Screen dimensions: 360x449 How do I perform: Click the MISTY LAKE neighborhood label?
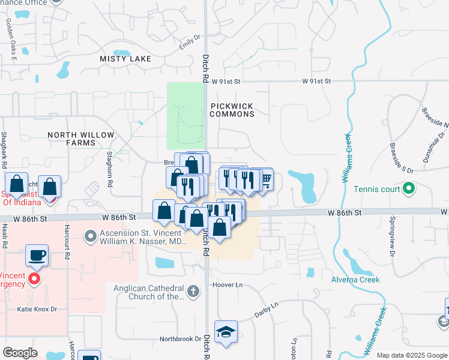(x=125, y=59)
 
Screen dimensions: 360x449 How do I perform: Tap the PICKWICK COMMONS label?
(x=232, y=110)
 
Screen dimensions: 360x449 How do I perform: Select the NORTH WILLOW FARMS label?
(x=80, y=139)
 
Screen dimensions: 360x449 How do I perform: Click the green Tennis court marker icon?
(x=409, y=190)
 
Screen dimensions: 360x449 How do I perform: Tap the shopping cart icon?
(x=265, y=178)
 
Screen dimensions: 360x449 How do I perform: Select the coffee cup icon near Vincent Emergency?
(x=37, y=256)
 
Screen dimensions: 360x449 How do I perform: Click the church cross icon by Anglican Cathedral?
(x=192, y=292)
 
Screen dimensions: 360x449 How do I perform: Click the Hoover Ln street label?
(x=227, y=285)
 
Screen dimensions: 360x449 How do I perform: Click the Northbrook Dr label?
(x=180, y=339)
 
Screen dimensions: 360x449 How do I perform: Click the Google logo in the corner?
(x=20, y=353)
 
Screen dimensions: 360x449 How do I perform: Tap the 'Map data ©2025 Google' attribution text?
(x=411, y=355)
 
